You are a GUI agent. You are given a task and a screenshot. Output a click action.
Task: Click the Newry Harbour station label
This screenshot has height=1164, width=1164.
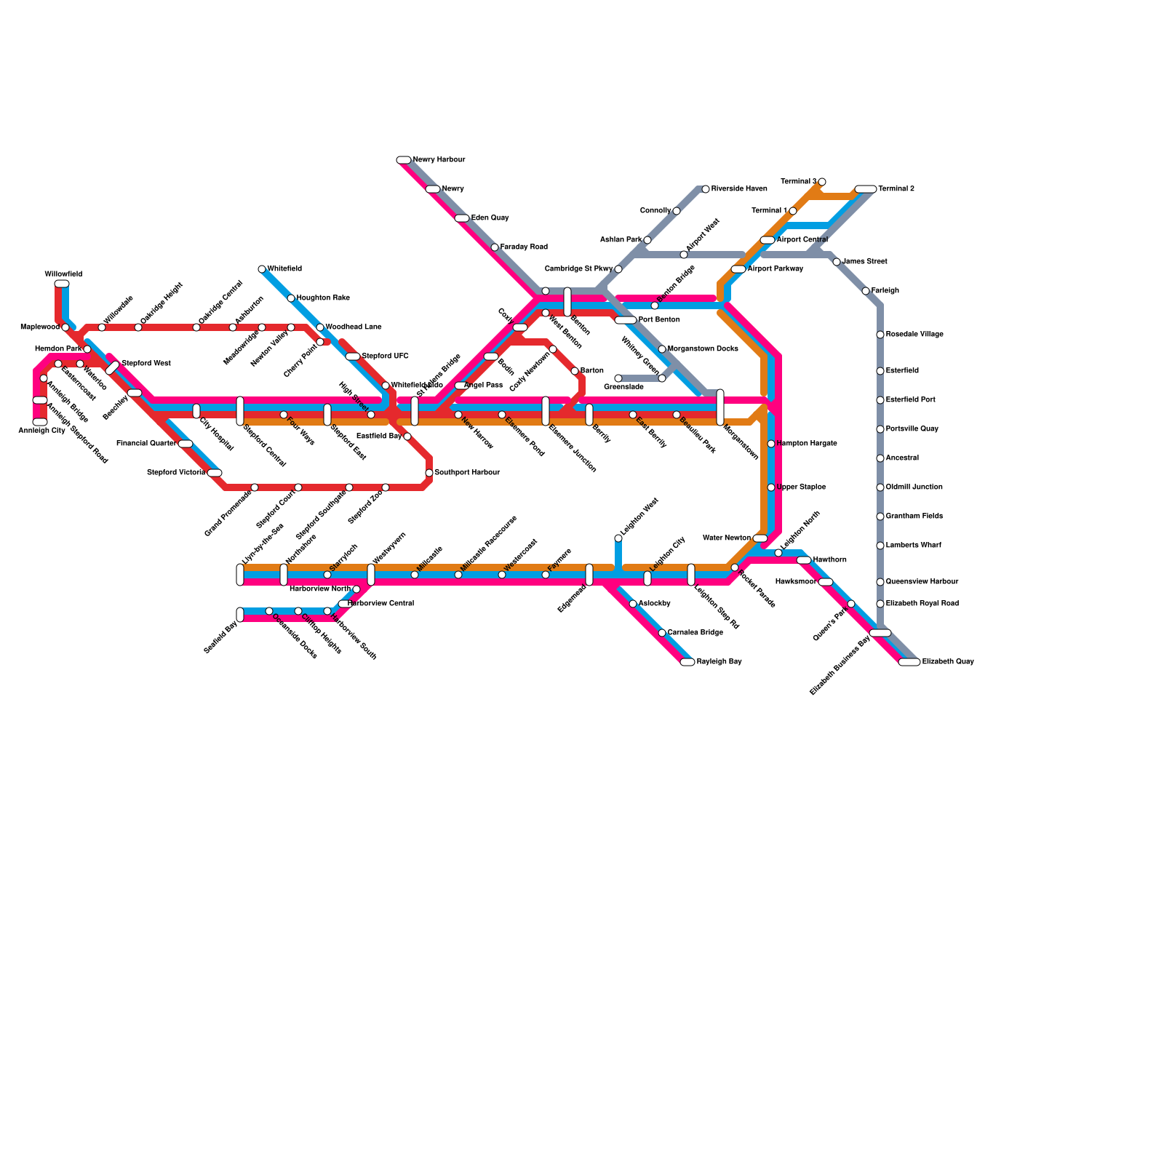(x=439, y=160)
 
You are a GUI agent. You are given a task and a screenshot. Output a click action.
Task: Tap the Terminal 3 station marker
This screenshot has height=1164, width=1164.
(x=822, y=182)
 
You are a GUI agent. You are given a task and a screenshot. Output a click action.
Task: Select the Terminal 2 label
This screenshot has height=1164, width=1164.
(x=896, y=189)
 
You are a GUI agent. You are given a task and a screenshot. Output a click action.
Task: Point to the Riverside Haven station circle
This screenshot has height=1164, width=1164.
(x=706, y=189)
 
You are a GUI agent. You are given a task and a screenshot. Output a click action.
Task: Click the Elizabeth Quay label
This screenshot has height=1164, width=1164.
(x=947, y=662)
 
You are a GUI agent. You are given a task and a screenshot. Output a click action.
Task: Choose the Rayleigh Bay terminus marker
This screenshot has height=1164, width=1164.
(x=687, y=662)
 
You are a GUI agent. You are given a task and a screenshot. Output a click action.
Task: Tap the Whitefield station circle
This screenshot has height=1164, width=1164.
(x=262, y=269)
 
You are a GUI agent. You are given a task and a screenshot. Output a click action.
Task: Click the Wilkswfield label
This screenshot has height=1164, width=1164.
(x=63, y=274)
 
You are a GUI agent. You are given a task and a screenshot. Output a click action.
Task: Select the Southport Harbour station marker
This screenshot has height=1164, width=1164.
(x=429, y=473)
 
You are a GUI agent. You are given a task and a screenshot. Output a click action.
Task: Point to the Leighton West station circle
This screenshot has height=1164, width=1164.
(x=618, y=538)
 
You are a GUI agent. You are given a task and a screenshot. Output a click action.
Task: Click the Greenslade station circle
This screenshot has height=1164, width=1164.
(x=618, y=378)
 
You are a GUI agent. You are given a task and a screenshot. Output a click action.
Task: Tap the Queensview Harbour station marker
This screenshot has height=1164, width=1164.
(x=880, y=582)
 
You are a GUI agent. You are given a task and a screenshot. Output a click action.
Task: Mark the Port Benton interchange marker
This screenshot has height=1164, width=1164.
(x=626, y=320)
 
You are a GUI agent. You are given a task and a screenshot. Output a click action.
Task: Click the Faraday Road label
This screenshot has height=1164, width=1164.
(x=524, y=247)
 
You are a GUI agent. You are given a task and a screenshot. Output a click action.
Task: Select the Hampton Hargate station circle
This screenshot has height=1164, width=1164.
(x=771, y=444)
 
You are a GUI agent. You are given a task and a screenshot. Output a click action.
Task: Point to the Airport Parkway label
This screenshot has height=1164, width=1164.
(x=775, y=269)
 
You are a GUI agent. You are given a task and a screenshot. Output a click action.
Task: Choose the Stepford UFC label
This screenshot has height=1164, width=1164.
(x=385, y=356)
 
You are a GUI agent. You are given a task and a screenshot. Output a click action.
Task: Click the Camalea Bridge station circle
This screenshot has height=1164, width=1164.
(x=662, y=633)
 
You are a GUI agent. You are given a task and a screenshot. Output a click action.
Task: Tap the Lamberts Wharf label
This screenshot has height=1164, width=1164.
(x=914, y=546)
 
